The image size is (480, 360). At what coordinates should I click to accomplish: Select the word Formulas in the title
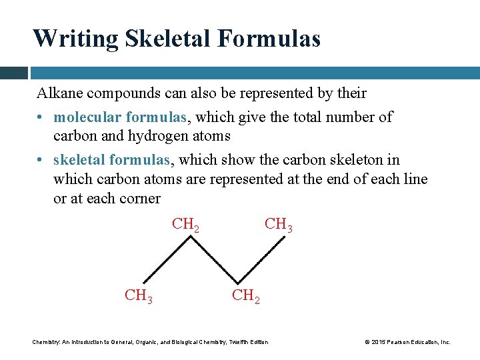click(269, 38)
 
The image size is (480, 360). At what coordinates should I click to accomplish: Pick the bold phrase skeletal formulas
click(112, 160)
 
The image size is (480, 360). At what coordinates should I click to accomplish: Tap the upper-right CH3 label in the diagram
click(278, 225)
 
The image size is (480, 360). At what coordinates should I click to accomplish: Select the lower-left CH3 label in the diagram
click(138, 295)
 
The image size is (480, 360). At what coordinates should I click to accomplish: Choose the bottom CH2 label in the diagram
click(245, 295)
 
